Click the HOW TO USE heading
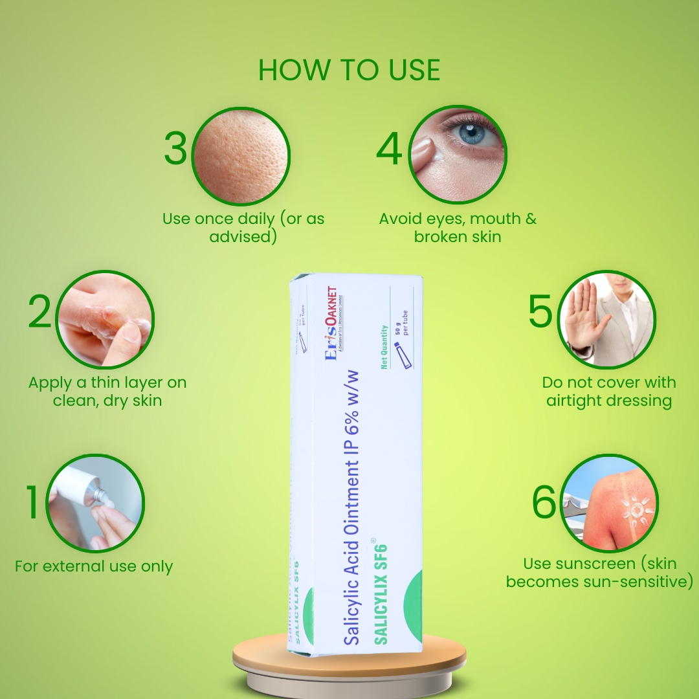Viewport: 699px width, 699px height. (x=349, y=70)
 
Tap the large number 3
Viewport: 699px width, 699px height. (x=175, y=149)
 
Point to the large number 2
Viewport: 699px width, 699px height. (x=40, y=313)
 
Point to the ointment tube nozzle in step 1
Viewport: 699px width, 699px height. (x=102, y=495)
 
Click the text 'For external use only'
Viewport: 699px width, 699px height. (x=94, y=567)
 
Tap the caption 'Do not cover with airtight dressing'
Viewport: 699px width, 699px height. (x=609, y=392)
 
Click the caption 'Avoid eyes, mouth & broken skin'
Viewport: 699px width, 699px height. (x=458, y=228)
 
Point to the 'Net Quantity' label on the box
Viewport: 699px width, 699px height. (x=384, y=348)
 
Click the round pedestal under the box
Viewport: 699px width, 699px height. (x=349, y=667)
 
